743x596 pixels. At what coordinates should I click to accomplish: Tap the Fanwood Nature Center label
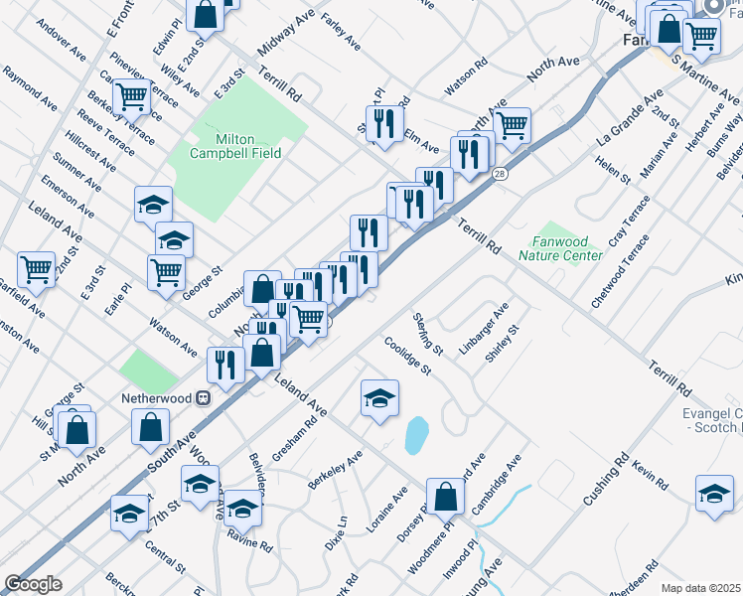click(x=560, y=247)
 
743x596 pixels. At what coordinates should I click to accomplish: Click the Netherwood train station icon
click(x=204, y=396)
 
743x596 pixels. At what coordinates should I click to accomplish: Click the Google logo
click(x=33, y=584)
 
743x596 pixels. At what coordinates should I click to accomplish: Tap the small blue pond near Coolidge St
click(x=416, y=434)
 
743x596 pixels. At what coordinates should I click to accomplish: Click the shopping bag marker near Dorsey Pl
click(x=446, y=496)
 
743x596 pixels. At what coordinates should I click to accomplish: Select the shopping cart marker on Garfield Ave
click(x=36, y=269)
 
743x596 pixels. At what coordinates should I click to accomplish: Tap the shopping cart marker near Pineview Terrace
click(x=131, y=97)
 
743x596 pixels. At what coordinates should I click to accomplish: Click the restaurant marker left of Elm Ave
click(x=382, y=124)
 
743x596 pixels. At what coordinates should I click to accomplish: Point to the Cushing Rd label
click(x=607, y=478)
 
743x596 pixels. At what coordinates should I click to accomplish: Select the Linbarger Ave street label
click(x=484, y=328)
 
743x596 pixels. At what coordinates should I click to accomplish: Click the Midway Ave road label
click(x=285, y=36)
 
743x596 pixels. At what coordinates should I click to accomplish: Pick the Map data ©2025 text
click(x=701, y=588)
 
